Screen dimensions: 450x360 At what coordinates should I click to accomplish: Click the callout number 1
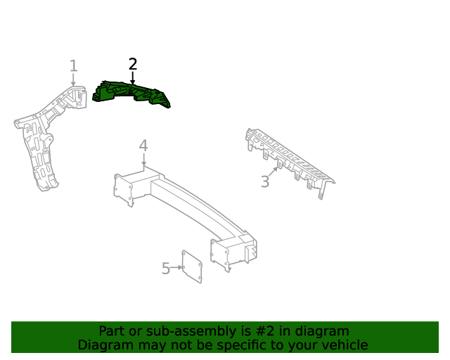(x=74, y=65)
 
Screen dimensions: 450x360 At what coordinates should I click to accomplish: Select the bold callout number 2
(x=133, y=64)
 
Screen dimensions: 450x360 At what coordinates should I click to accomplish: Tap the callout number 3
(x=265, y=181)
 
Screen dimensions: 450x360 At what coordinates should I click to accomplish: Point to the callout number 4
(x=143, y=146)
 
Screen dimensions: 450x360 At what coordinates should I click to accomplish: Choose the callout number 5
(x=166, y=269)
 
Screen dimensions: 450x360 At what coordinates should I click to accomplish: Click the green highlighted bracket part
(x=131, y=94)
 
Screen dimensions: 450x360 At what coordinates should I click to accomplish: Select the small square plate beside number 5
(x=192, y=266)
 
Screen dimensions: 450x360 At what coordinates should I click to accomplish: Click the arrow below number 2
(x=133, y=78)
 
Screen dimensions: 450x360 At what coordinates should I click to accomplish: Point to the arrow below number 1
(x=73, y=79)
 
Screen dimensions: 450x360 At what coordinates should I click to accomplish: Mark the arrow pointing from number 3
(x=274, y=171)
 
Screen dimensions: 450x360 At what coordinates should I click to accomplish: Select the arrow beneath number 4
(x=143, y=160)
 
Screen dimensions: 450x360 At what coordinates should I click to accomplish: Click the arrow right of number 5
(x=176, y=268)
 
